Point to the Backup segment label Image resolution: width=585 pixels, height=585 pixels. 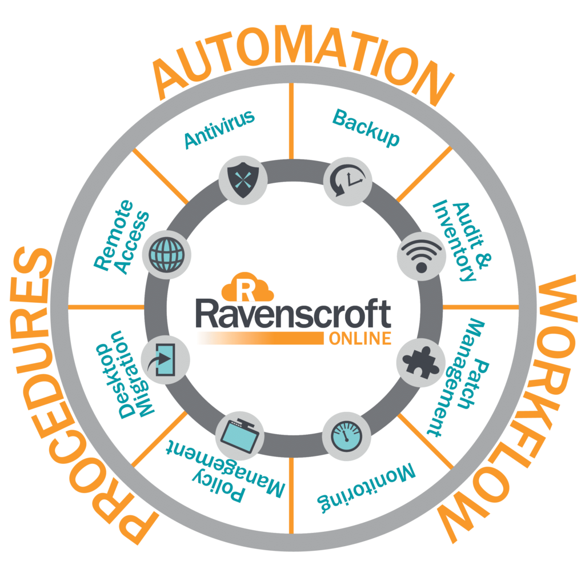click(x=366, y=129)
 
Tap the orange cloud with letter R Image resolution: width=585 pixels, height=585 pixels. click(x=246, y=289)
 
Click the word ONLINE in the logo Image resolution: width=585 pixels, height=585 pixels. click(x=360, y=339)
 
